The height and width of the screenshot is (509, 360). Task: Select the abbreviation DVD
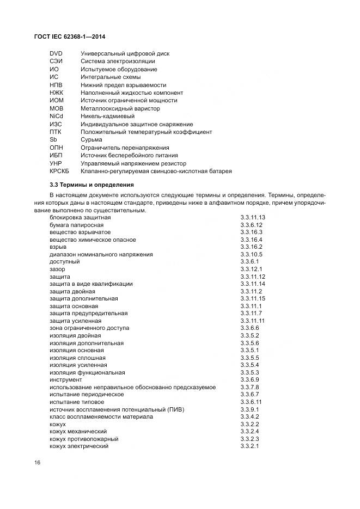(x=56, y=53)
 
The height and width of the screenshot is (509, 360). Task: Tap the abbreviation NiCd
(x=56, y=116)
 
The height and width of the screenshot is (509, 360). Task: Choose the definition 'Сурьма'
(x=91, y=139)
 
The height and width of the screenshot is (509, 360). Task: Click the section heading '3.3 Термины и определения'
(x=91, y=185)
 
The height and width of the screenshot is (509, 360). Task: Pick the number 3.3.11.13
(x=253, y=217)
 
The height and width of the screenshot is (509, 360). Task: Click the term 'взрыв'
(x=59, y=247)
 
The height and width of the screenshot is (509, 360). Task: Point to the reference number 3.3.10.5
(x=251, y=254)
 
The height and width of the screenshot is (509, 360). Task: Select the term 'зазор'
(x=57, y=269)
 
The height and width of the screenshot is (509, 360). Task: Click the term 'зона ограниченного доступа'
(x=89, y=328)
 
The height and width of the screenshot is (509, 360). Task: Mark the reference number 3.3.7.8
(x=249, y=387)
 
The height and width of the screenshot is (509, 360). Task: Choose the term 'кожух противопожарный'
(x=84, y=439)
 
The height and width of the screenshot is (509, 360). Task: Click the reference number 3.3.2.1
(x=249, y=446)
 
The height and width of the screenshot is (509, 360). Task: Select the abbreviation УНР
(x=56, y=163)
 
